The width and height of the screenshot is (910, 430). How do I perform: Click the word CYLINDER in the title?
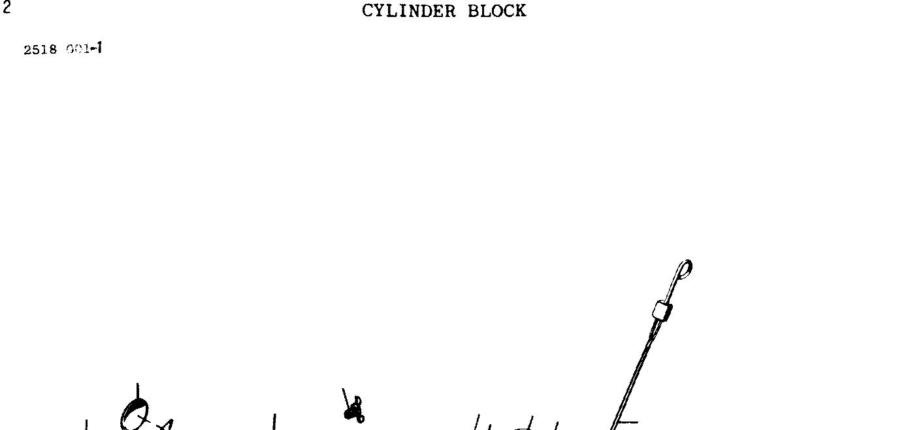pos(408,11)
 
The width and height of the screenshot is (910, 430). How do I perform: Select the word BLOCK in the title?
pos(496,11)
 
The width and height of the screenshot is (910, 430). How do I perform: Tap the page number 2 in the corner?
pos(7,8)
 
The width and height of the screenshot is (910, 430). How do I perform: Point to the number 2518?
pos(41,50)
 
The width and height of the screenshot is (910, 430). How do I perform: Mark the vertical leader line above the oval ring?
pos(137,391)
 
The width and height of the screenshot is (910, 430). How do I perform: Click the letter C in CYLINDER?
pos(367,11)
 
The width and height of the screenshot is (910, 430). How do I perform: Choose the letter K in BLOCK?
pos(520,11)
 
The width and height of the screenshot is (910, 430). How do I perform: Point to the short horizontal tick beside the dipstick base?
pos(627,422)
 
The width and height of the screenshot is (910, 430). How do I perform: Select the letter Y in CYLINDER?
pos(378,11)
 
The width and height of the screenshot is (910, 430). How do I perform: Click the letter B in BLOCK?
pos(474,11)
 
